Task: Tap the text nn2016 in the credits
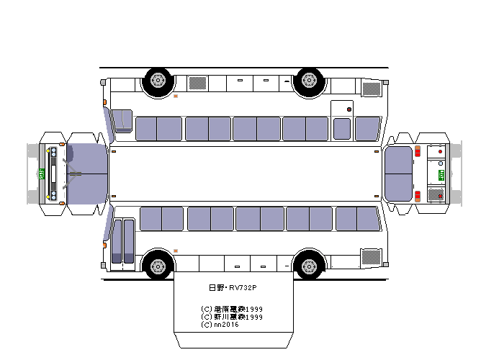[225, 324]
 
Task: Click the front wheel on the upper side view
[158, 82]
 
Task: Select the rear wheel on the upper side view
[309, 82]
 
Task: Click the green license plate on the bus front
[42, 174]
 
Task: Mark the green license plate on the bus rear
[441, 174]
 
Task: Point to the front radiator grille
[53, 174]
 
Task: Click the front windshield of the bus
[87, 174]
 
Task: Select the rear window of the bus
[398, 174]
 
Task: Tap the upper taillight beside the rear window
[417, 152]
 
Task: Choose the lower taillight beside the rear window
[417, 196]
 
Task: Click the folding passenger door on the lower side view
[123, 240]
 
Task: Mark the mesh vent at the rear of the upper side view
[371, 89]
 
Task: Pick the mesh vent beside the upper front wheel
[197, 84]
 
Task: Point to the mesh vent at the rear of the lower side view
[371, 257]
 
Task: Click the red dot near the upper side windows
[349, 110]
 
